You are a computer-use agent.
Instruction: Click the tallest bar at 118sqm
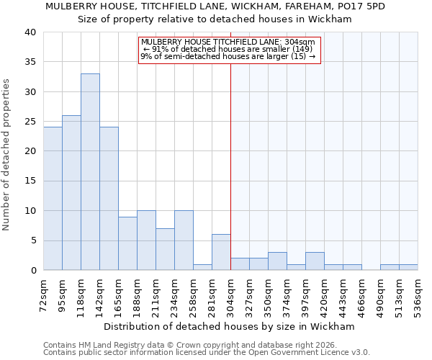pyautogui.click(x=90, y=172)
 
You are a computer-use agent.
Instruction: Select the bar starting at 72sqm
pyautogui.click(x=53, y=199)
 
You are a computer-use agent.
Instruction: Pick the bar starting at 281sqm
pyautogui.click(x=221, y=253)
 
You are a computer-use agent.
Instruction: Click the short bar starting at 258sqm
pyautogui.click(x=202, y=267)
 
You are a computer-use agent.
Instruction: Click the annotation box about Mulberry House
pyautogui.click(x=228, y=50)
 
